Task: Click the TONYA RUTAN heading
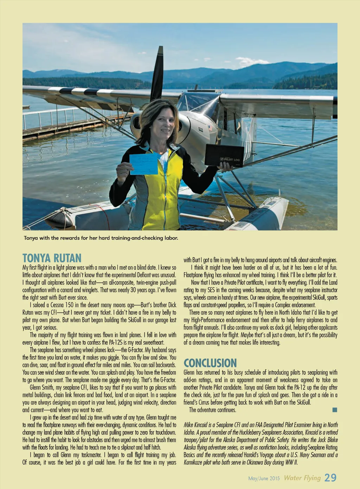[52, 258]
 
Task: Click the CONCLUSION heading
[210, 363]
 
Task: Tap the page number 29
[330, 477]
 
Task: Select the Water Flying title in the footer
[302, 478]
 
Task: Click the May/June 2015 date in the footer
[264, 478]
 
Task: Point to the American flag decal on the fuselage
[210, 128]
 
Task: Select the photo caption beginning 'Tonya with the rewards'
[101, 238]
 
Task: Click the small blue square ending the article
[335, 410]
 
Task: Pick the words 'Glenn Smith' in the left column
[41, 387]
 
